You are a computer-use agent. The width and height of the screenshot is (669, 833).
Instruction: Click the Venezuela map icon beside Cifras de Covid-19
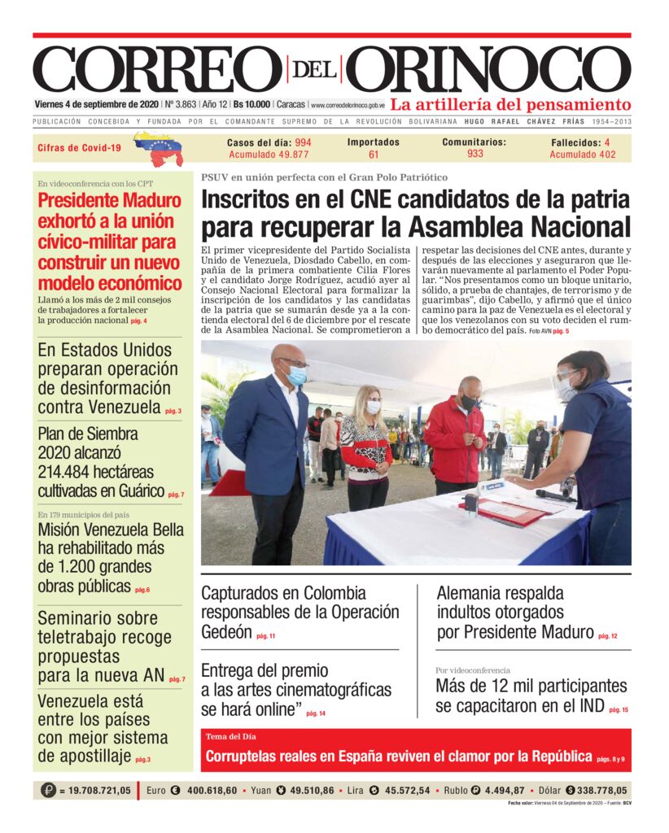(x=159, y=148)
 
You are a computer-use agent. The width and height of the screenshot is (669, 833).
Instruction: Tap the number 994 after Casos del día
(x=303, y=142)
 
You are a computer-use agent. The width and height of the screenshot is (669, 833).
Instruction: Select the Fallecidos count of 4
(x=607, y=142)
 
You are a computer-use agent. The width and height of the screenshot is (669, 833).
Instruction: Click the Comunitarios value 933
(x=475, y=154)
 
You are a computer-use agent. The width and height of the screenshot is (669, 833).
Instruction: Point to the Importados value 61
(x=374, y=155)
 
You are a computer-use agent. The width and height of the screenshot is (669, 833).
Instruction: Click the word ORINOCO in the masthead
(x=493, y=70)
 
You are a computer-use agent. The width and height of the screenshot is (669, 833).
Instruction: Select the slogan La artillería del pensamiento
(x=510, y=105)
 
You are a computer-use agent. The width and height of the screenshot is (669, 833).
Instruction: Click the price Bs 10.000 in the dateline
(x=251, y=105)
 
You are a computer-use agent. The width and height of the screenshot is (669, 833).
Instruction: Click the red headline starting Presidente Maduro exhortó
(x=110, y=242)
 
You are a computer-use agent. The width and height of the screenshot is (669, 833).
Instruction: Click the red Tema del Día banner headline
(x=399, y=757)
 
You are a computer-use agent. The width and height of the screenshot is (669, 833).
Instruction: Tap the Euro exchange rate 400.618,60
(x=212, y=790)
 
